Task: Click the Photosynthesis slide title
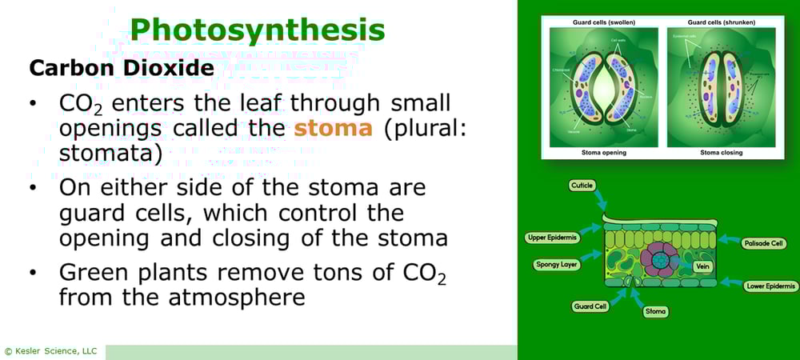(x=258, y=30)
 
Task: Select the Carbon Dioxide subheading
(x=121, y=68)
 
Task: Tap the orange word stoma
(x=333, y=129)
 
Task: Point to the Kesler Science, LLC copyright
(x=50, y=351)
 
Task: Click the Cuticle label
(x=582, y=186)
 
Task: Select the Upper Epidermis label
(x=551, y=238)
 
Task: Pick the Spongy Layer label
(x=557, y=264)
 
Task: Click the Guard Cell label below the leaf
(x=590, y=306)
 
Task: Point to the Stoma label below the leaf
(x=655, y=311)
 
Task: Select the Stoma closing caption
(x=721, y=152)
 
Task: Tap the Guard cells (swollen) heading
(x=602, y=22)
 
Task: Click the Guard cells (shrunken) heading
(x=721, y=22)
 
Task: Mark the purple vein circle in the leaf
(x=661, y=261)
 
